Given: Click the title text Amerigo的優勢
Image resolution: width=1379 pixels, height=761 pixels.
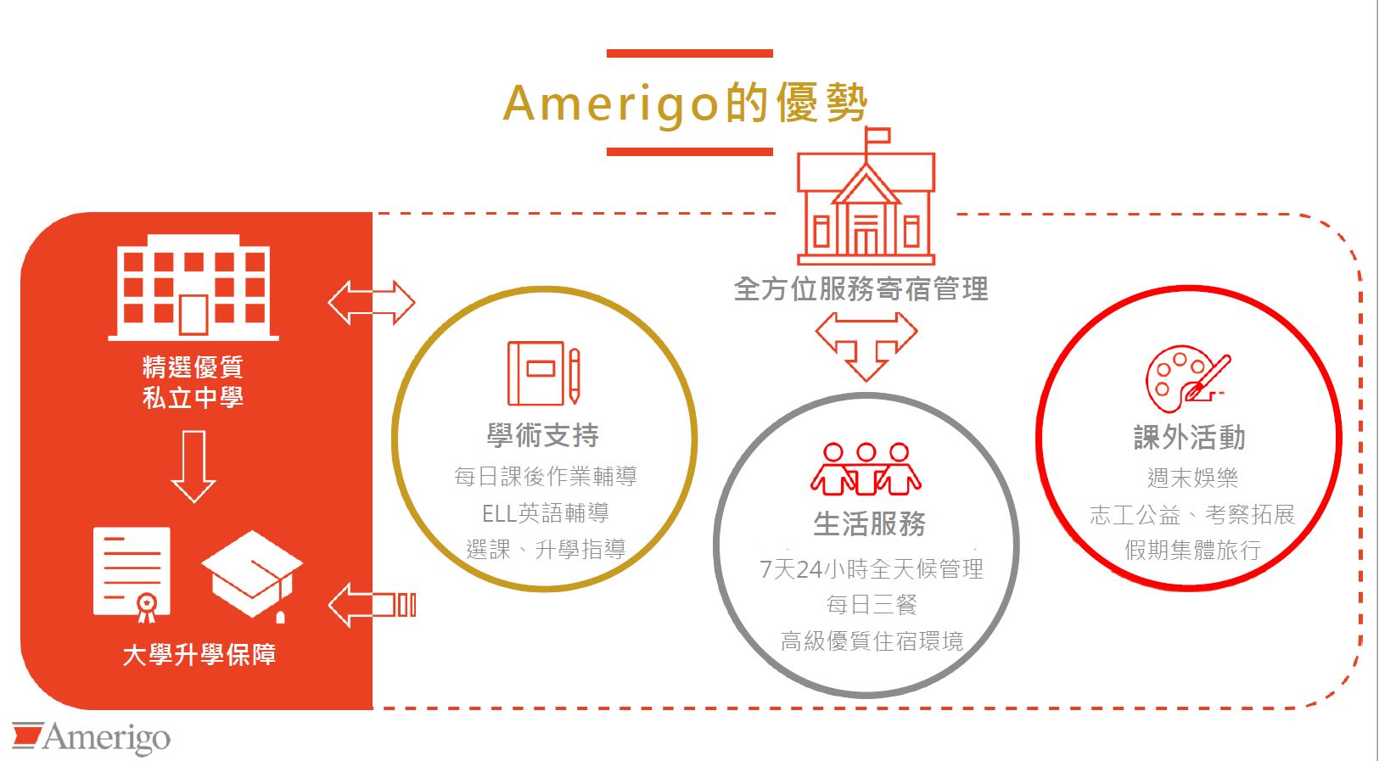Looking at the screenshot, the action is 685,104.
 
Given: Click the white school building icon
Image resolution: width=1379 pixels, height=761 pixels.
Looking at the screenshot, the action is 193,287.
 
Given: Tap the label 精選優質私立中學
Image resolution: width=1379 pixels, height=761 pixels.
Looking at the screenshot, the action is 193,382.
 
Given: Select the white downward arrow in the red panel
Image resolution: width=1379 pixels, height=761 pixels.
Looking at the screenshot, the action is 193,467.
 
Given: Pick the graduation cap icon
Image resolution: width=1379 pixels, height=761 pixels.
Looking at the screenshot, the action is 252,576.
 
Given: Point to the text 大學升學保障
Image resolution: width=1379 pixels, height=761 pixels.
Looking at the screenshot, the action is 199,654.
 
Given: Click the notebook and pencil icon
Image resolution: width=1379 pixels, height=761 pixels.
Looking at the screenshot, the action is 544,373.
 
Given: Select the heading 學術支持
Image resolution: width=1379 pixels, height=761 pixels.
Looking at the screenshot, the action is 543,435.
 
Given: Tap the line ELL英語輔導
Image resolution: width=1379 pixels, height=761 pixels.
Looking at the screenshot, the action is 546,513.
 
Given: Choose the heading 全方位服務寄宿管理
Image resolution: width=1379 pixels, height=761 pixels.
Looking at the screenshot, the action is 860,288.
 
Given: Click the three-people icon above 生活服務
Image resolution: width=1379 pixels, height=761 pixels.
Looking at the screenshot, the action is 866,469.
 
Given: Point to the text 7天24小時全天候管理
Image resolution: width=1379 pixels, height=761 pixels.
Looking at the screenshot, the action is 872,569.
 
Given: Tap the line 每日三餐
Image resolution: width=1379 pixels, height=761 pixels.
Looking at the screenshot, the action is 872,605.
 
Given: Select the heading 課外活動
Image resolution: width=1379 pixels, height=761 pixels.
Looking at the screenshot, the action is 1190,437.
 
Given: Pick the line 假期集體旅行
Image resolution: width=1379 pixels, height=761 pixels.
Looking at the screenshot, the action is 1192,550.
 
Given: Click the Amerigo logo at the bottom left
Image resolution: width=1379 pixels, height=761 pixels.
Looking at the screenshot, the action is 91,737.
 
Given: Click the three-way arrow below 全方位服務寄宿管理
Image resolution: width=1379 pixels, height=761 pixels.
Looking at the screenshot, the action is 866,344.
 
